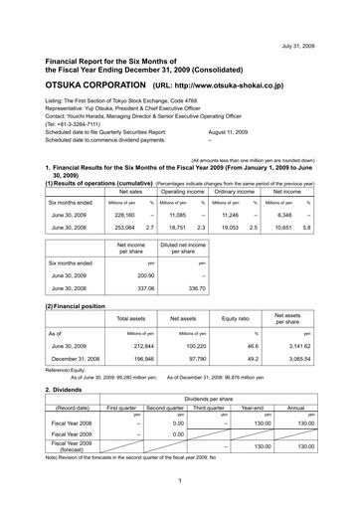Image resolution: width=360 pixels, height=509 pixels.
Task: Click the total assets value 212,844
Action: pyautogui.click(x=132, y=348)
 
